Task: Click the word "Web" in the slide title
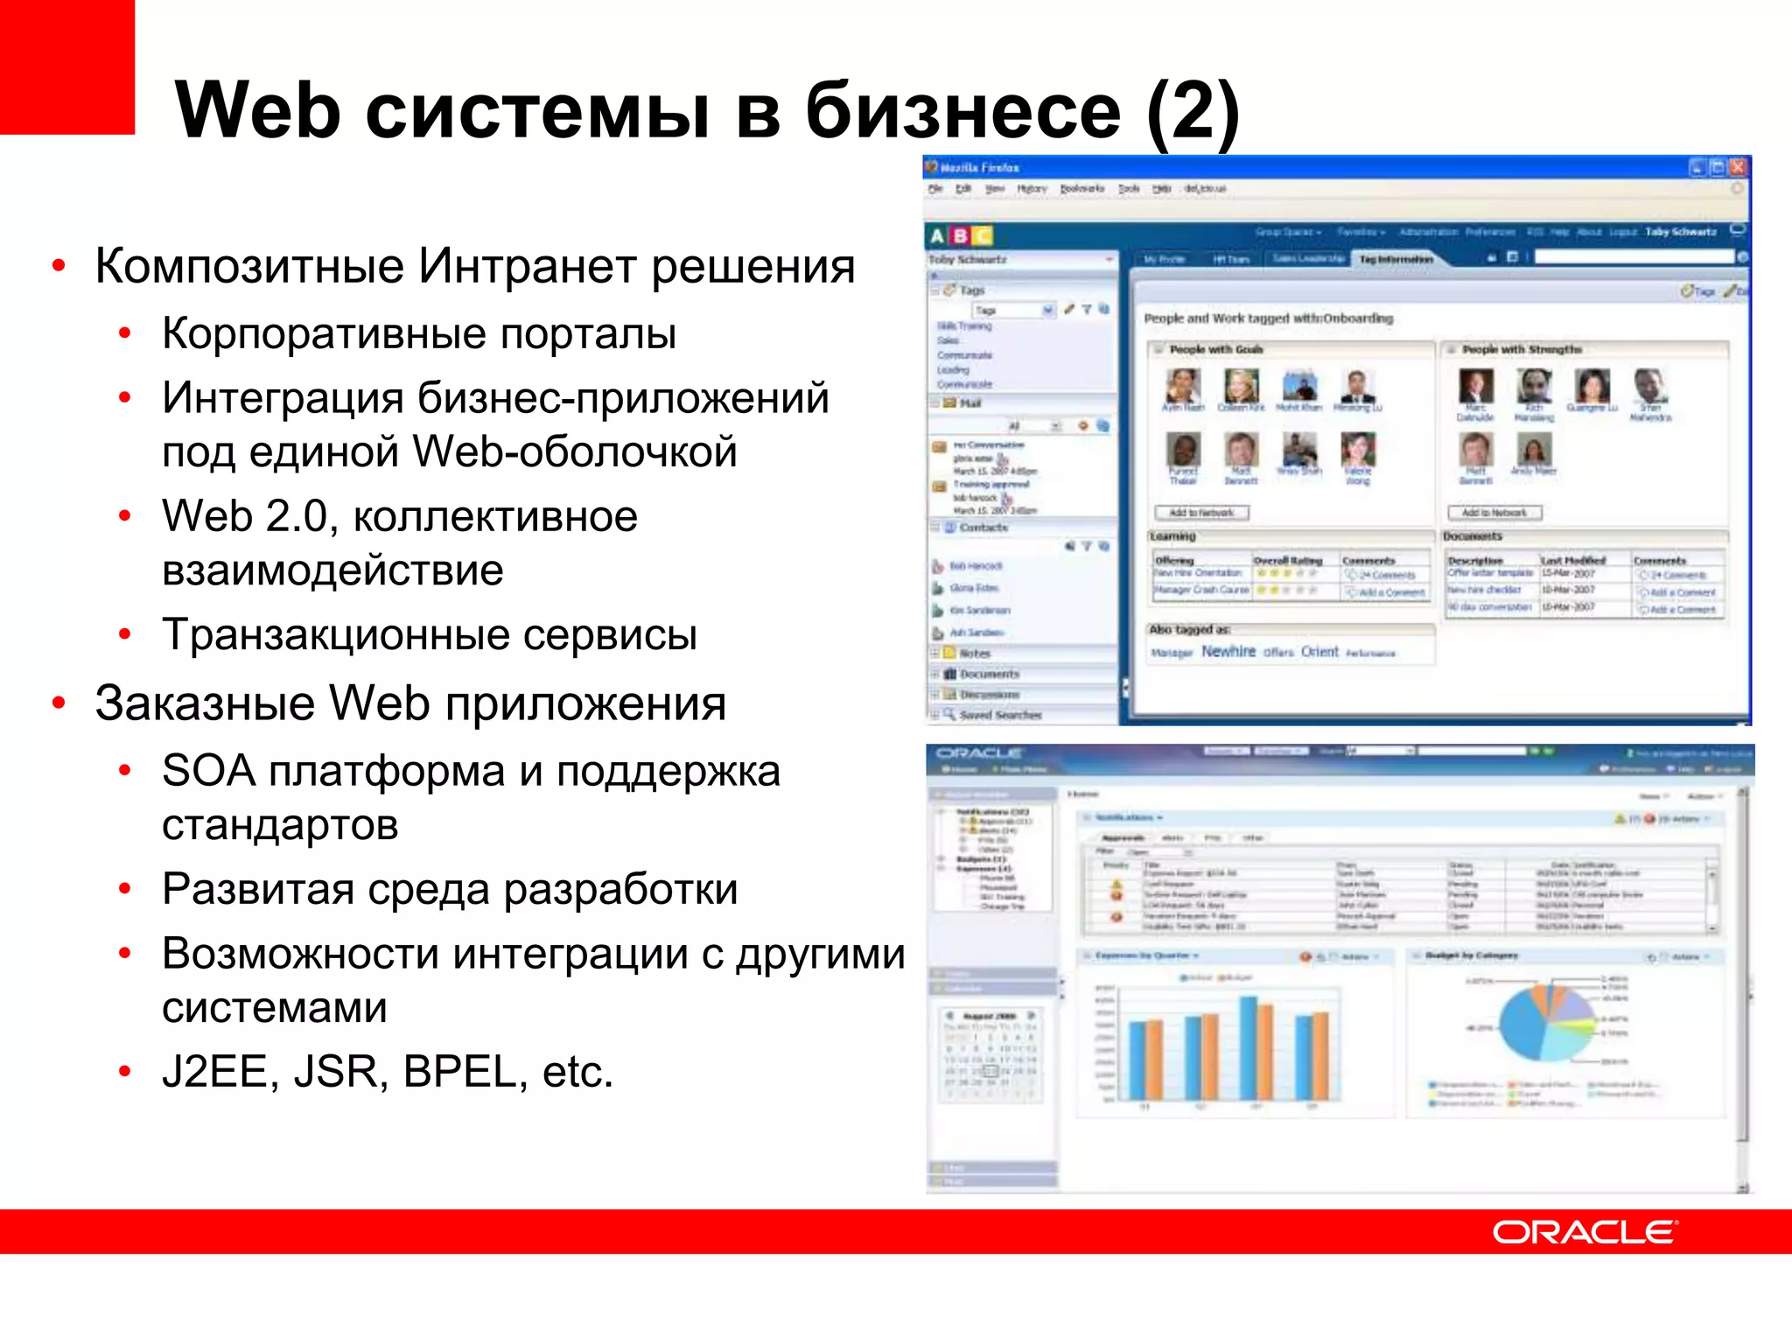(x=257, y=111)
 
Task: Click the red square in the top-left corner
(x=66, y=66)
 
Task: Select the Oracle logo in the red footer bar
(x=1584, y=1232)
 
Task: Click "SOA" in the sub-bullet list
(x=208, y=771)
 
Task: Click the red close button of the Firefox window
(x=1738, y=167)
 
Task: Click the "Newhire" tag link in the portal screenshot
(x=1228, y=652)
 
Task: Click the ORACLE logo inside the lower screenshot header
(x=978, y=752)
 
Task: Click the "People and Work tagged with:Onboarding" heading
(x=1268, y=318)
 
